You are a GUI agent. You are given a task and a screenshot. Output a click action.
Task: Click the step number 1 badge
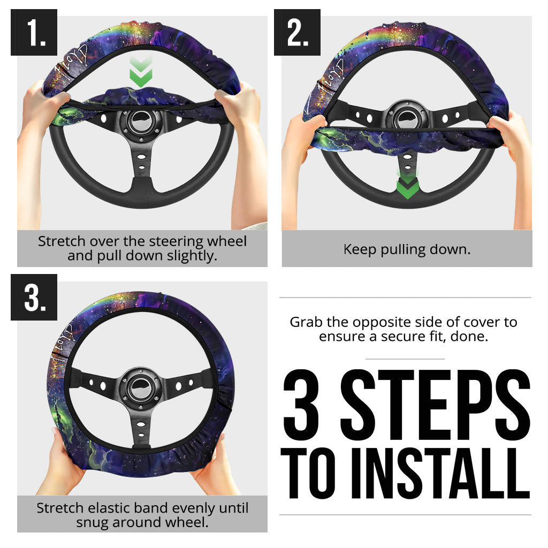(34, 33)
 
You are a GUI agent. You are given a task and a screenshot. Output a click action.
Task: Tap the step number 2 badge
(298, 33)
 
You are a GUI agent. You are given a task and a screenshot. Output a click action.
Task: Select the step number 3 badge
(34, 298)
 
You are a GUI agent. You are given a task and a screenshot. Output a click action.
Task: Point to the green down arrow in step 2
(407, 185)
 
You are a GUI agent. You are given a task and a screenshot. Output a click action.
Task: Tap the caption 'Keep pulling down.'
(407, 249)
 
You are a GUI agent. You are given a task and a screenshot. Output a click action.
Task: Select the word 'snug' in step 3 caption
(91, 522)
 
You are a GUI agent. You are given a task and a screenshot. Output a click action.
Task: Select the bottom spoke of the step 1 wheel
(142, 166)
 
